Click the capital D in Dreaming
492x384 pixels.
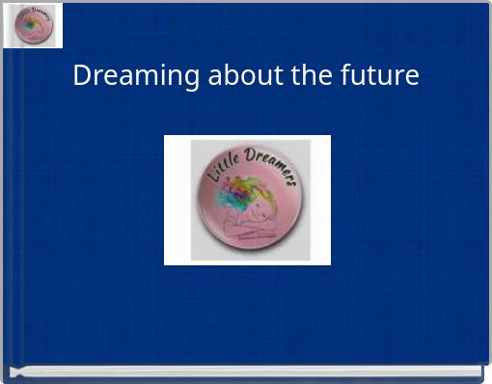(x=82, y=75)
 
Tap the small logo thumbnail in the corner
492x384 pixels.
(x=34, y=25)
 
